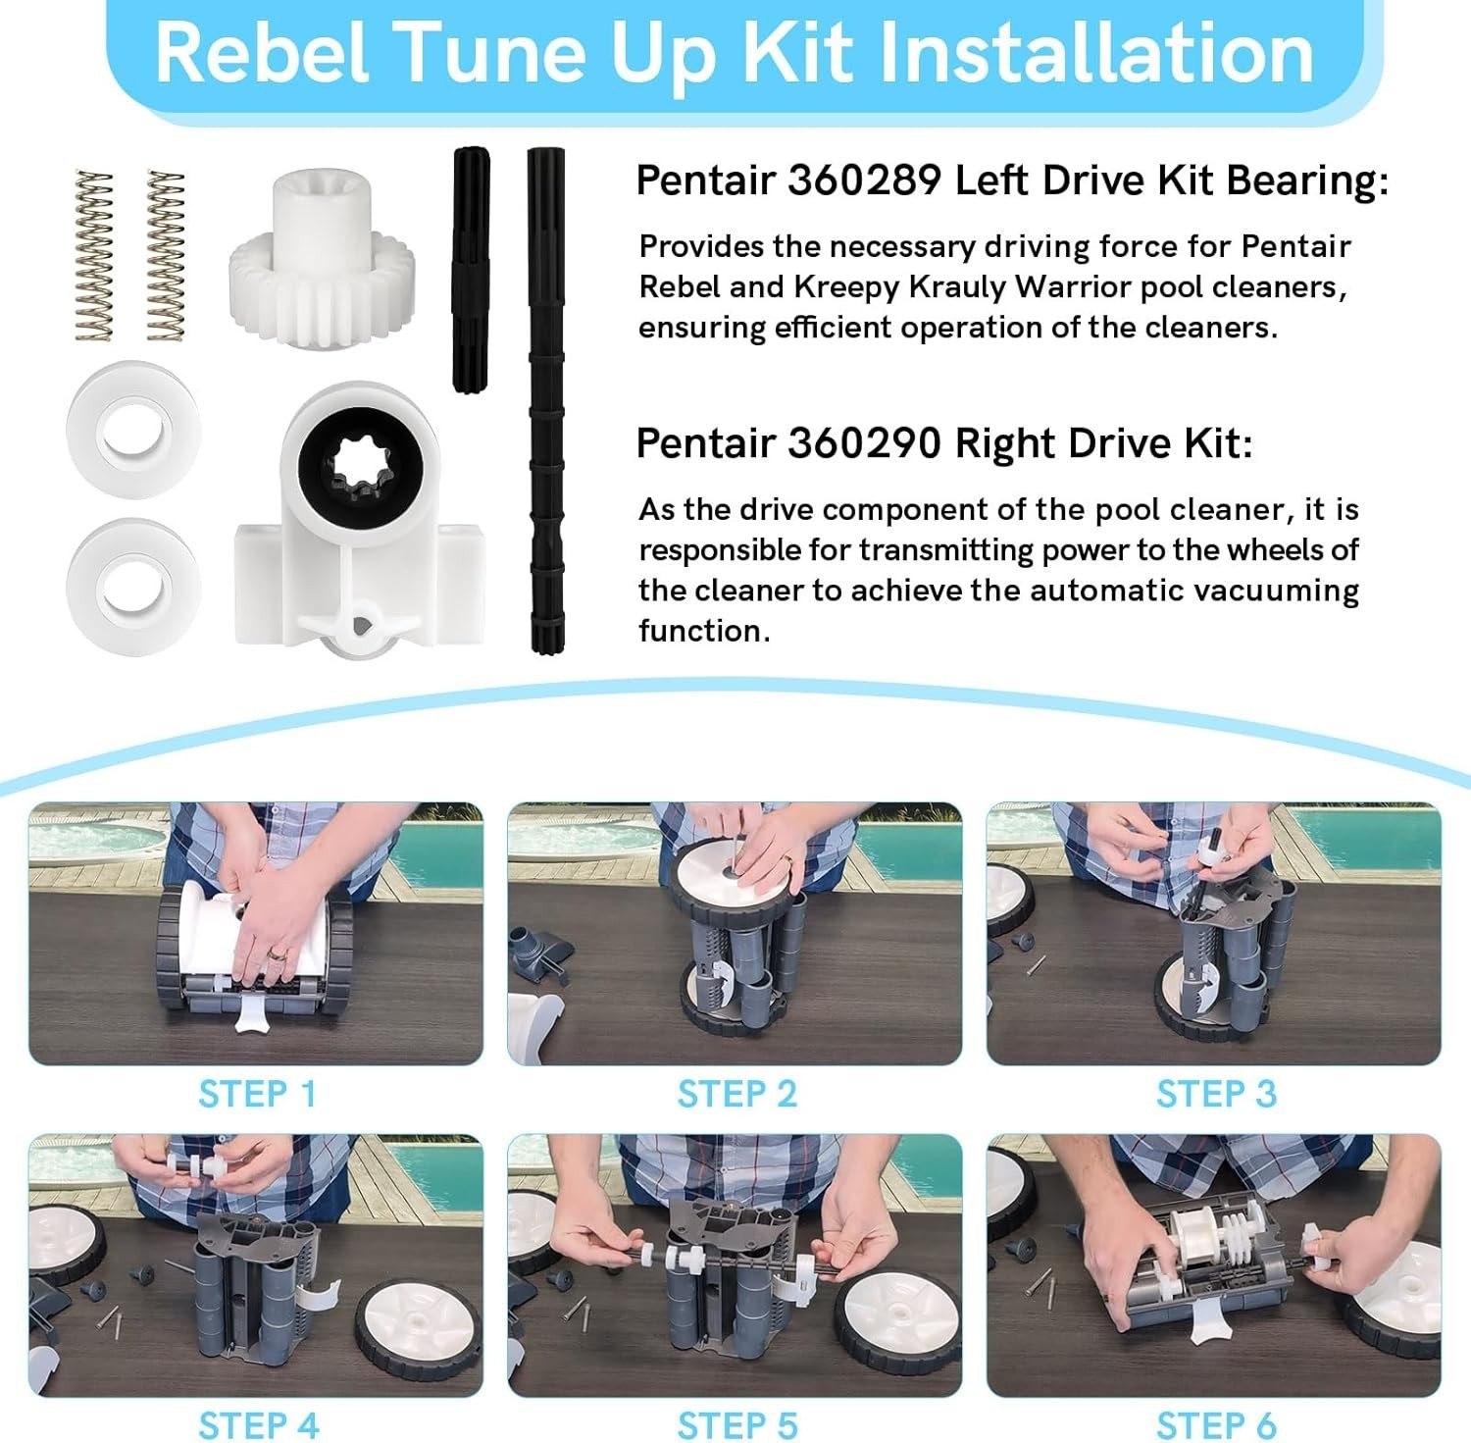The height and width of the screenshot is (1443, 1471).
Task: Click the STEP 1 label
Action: coord(258,1094)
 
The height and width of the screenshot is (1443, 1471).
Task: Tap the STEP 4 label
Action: coord(259,1425)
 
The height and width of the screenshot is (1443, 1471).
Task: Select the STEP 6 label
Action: coord(1216,1425)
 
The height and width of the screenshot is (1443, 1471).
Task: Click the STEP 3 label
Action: coord(1216,1094)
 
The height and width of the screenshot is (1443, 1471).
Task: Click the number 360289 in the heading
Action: coord(864,180)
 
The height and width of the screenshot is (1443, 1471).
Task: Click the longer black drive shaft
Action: coord(546,400)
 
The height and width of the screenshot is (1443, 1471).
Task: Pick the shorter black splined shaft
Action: coord(471,270)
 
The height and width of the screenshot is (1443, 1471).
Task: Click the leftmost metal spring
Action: coord(95,256)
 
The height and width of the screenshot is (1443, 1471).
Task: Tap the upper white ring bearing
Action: coord(133,429)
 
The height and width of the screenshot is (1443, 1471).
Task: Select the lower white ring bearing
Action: coord(133,585)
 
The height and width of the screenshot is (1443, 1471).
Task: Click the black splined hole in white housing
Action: coord(361,460)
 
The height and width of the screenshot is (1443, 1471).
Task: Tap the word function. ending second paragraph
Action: coord(704,631)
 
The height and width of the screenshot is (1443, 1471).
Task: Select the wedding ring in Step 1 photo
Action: coord(279,953)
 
